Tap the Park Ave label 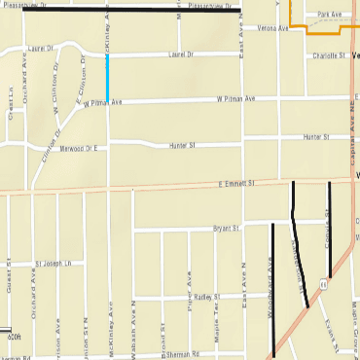[x=331, y=15]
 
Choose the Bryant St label [x=225, y=230]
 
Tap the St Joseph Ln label [x=54, y=264]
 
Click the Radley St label [x=206, y=296]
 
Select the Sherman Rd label [x=195, y=354]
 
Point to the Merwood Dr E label [x=80, y=147]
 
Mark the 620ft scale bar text [x=13, y=338]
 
